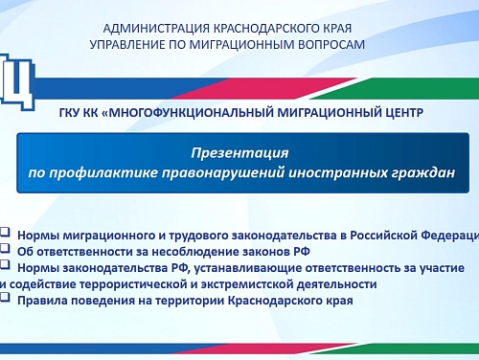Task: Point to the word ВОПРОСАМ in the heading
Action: [x=331, y=45]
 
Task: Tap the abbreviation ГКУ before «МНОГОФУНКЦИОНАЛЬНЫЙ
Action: [x=69, y=113]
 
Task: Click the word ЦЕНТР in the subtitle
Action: [x=403, y=113]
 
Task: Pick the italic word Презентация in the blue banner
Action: [x=239, y=153]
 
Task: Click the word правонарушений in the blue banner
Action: [x=223, y=172]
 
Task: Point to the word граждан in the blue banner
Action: [x=422, y=172]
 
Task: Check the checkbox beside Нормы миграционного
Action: [x=5, y=232]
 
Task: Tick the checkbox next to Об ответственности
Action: [x=5, y=248]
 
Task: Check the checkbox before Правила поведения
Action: [x=5, y=298]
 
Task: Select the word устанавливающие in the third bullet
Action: [x=248, y=268]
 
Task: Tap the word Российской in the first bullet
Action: [x=384, y=236]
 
